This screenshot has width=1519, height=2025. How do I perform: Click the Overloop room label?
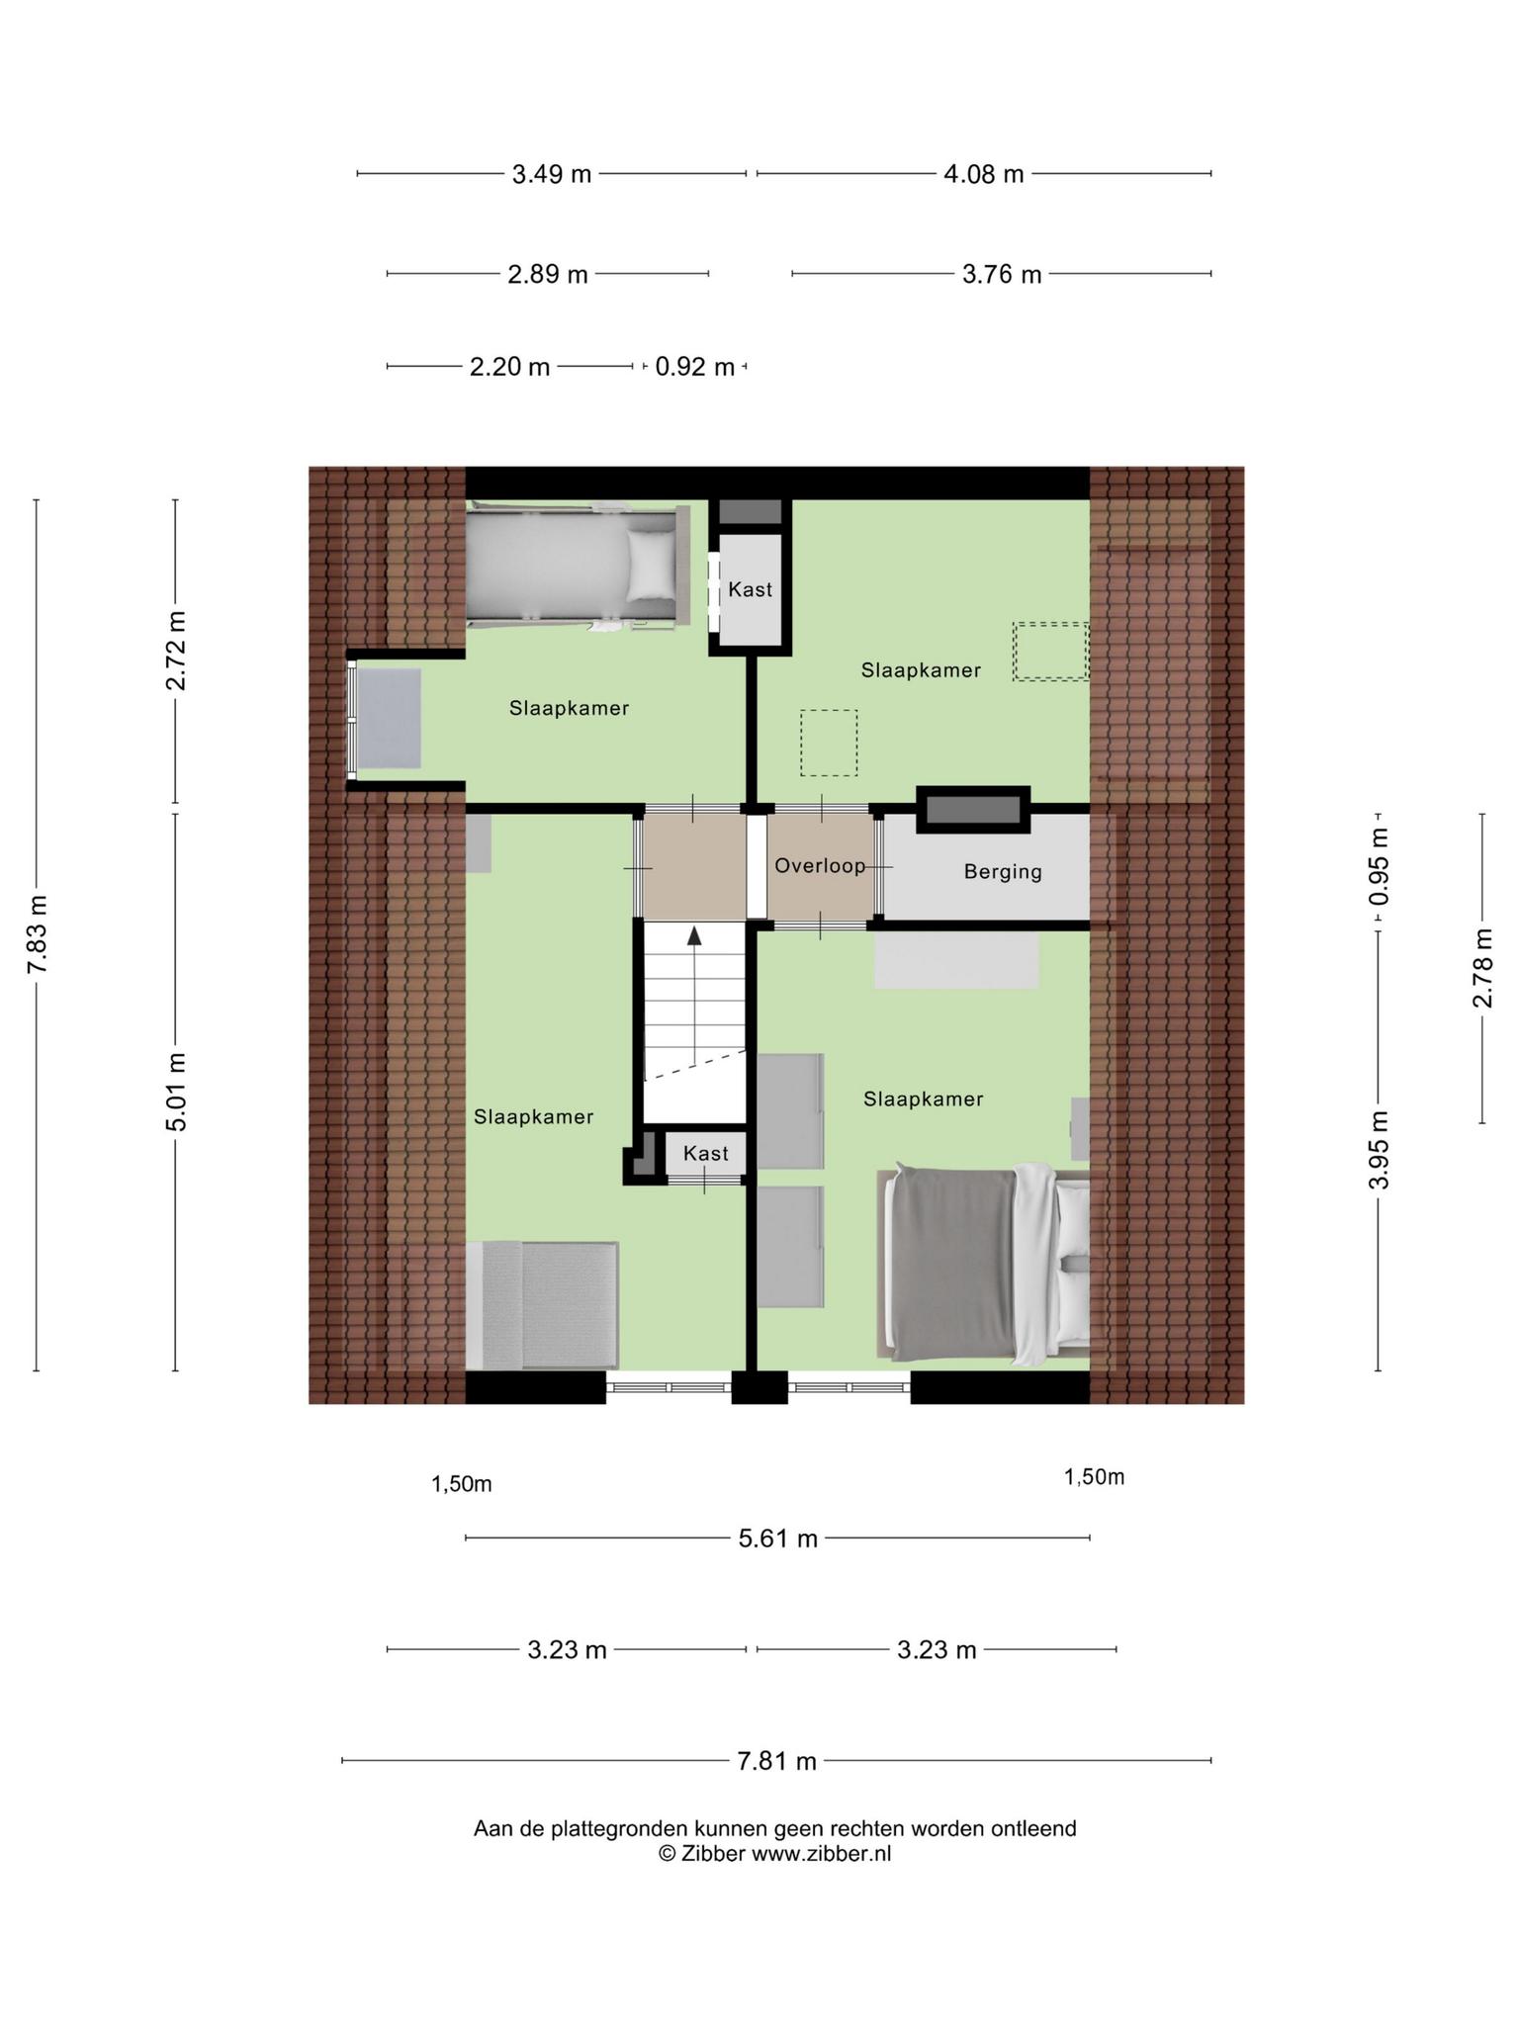tap(820, 866)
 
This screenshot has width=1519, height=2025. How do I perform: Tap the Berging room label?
tap(1003, 872)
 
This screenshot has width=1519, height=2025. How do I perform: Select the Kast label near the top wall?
tap(750, 589)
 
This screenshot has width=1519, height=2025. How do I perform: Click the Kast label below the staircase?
tap(706, 1153)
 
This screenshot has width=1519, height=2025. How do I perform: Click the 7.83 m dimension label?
tap(38, 934)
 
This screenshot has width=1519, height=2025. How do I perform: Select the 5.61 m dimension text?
tap(778, 1539)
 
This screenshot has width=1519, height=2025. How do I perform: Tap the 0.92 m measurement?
tap(695, 367)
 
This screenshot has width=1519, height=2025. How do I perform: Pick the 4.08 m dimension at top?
tap(984, 174)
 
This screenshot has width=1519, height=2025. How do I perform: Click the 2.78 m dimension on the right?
tap(1482, 968)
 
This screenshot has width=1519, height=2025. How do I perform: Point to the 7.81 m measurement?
tap(777, 1761)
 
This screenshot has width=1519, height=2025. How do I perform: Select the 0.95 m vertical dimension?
tap(1380, 866)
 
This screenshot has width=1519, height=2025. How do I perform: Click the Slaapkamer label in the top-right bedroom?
tap(921, 670)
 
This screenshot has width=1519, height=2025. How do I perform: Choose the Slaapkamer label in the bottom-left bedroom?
tap(533, 1117)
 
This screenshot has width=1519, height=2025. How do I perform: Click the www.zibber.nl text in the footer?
tap(821, 1854)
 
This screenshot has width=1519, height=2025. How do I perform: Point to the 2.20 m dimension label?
tap(509, 367)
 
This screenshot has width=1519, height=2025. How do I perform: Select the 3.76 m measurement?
tap(1002, 274)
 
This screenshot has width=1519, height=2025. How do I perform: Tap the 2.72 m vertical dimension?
tap(176, 651)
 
